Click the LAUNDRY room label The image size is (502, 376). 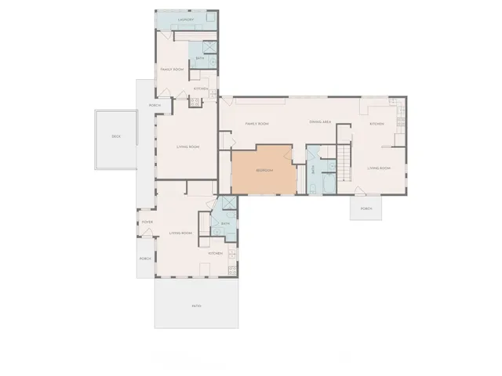pos(186,20)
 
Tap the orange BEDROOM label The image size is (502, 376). pos(264,170)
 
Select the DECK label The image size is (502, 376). pos(116,137)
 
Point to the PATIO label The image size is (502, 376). pos(196,305)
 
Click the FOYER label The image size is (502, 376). pos(146,222)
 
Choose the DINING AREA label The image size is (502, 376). pos(319,122)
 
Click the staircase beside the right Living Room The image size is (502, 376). pos(344,161)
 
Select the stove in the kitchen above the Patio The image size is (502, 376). pos(231,270)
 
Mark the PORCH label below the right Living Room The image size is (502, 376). pos(366,209)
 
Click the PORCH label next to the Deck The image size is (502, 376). pos(155,106)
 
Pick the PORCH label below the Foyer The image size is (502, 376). pos(145,258)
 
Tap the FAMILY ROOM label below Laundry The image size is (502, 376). pos(172,70)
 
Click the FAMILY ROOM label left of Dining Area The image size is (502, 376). pos(257,124)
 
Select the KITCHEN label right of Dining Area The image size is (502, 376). pos(377,124)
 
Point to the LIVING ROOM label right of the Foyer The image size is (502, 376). pos(181,233)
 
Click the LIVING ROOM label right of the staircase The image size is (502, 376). pos(380,168)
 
